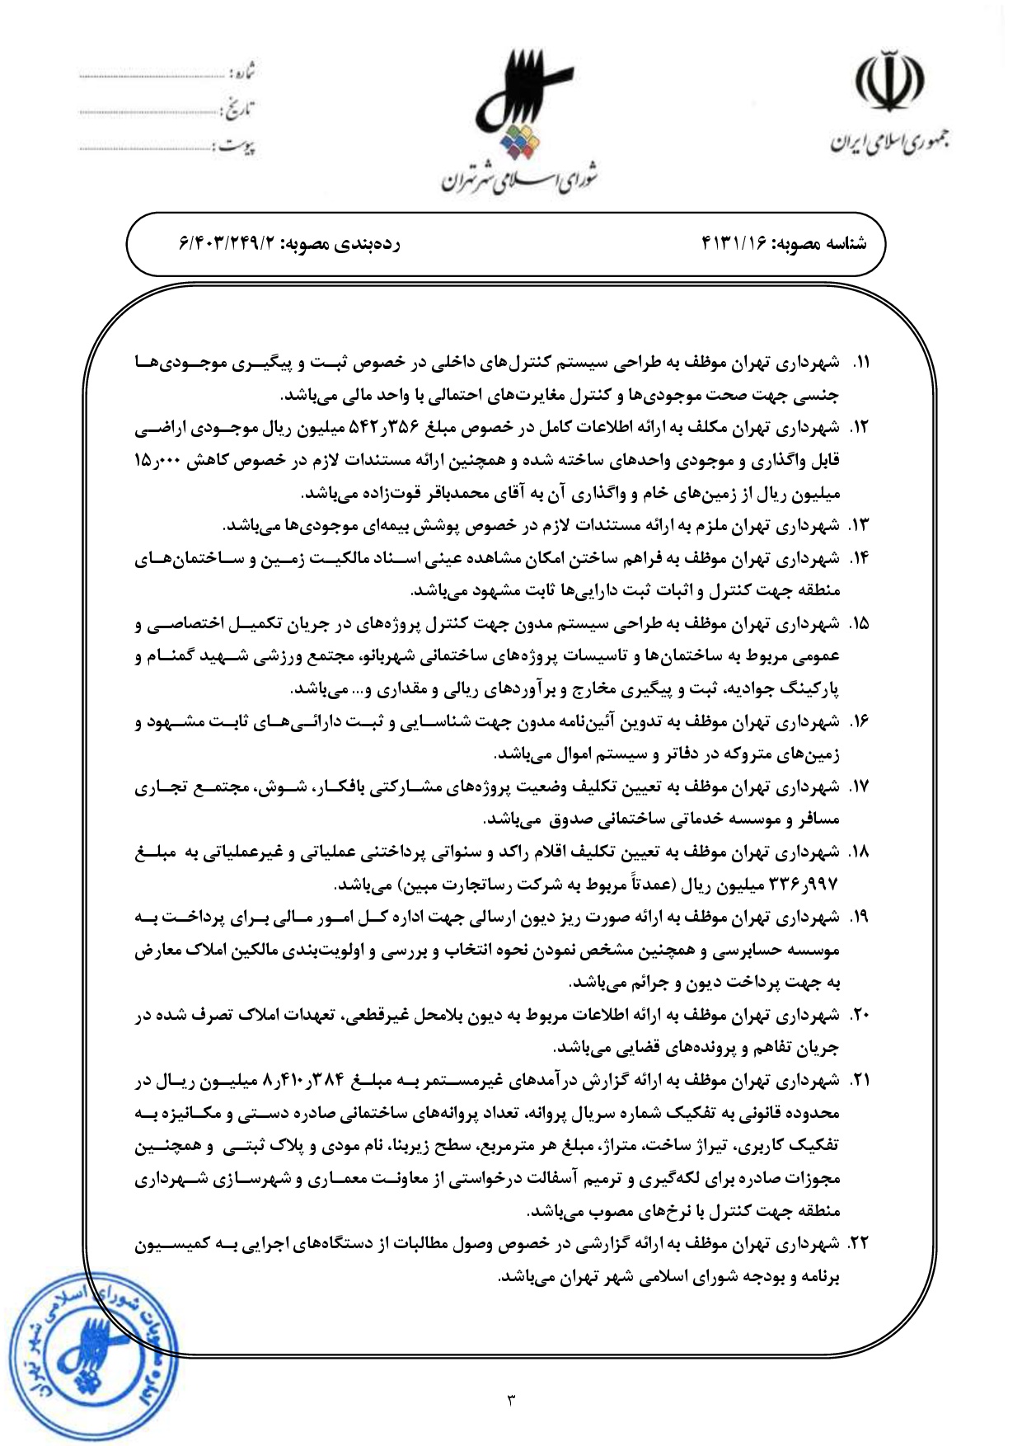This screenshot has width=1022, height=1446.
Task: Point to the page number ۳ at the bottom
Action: (511, 1399)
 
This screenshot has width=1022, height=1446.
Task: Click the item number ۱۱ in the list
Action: (860, 363)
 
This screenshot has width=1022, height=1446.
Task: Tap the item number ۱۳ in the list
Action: (860, 526)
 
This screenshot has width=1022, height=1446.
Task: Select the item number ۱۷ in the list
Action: (860, 787)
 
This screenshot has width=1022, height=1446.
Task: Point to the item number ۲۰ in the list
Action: (860, 1016)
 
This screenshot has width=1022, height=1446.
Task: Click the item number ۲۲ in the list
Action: (859, 1244)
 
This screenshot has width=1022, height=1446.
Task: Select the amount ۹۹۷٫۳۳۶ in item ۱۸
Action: (803, 885)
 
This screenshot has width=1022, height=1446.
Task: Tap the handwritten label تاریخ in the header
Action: (238, 109)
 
